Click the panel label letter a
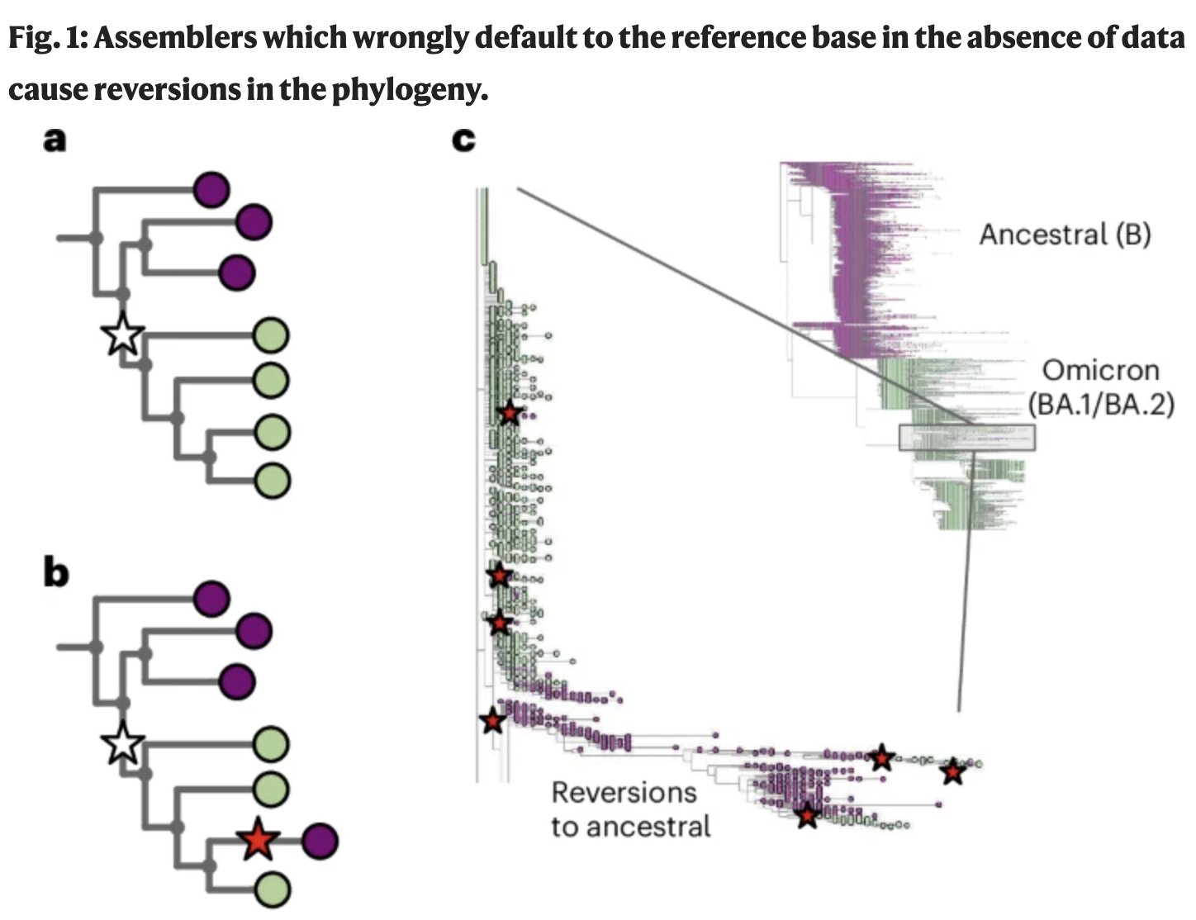coord(55,139)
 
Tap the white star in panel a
coord(123,335)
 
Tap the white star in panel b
coord(123,742)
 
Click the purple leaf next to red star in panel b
coord(320,841)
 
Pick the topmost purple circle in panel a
coord(211,190)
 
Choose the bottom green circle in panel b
coord(272,890)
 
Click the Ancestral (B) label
coord(1065,235)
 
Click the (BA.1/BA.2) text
coord(1101,405)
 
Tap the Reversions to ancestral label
coord(630,809)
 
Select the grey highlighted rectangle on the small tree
coord(966,438)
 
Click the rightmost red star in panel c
coord(953,771)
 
